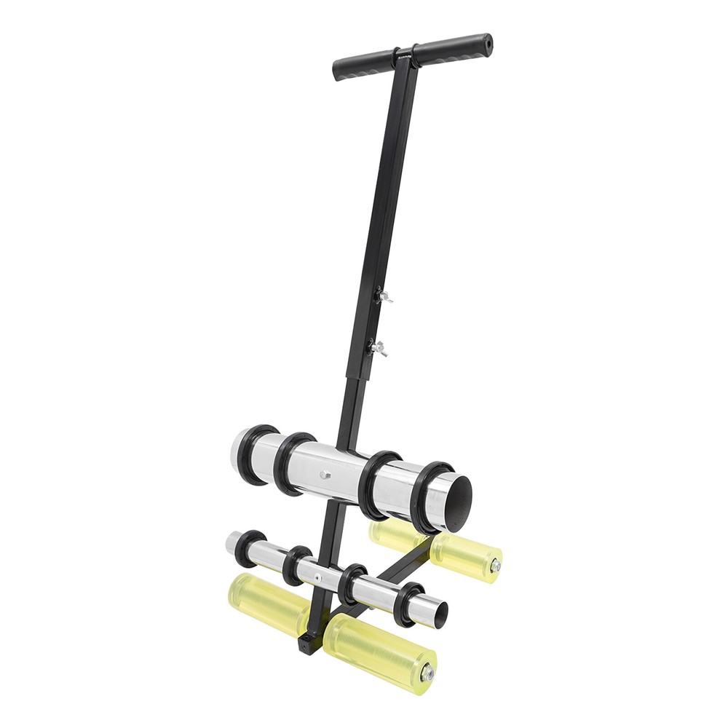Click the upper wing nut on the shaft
click(384, 296)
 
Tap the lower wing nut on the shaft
click(378, 348)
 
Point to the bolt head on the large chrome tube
click(325, 475)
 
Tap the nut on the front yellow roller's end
click(428, 675)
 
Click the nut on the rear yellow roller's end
click(496, 566)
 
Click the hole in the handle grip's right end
click(488, 43)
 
